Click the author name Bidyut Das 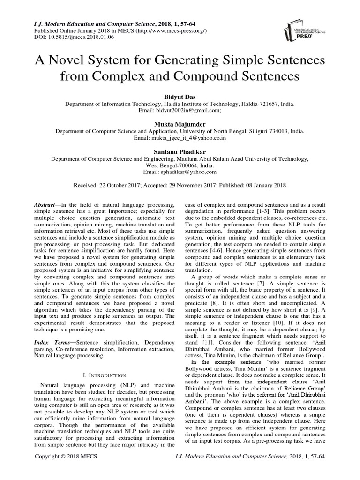point(180,96)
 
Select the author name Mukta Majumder point(180,124)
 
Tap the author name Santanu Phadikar point(180,152)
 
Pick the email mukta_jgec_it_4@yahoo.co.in point(194,139)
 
